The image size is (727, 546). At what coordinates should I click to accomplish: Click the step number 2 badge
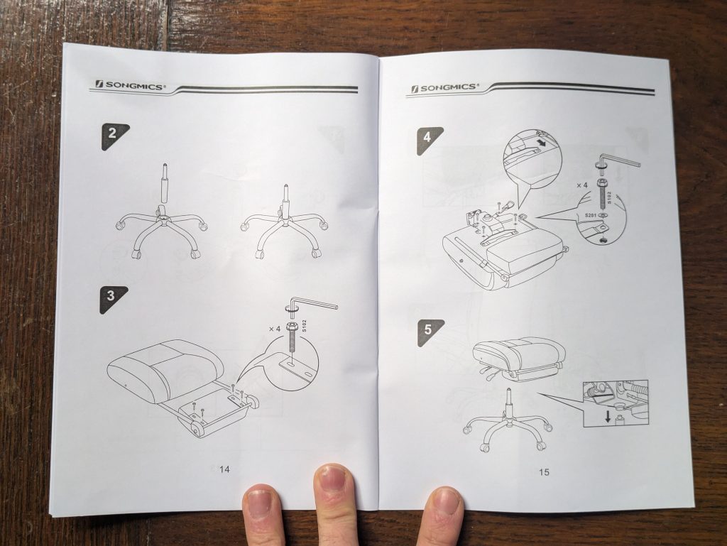pos(114,136)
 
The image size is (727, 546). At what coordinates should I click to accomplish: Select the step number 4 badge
pos(428,139)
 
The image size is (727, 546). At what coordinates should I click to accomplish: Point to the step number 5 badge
pos(430,332)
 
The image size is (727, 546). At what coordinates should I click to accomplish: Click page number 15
pos(544,472)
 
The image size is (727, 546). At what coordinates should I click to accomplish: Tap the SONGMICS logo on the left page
pos(129,85)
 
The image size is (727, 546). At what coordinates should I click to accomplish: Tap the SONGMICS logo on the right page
pos(444,87)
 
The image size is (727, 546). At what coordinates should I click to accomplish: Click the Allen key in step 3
pos(312,306)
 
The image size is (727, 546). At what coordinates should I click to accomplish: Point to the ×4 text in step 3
pos(275,329)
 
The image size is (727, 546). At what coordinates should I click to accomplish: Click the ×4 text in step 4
pos(582,185)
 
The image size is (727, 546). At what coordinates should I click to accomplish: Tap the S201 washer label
pos(590,216)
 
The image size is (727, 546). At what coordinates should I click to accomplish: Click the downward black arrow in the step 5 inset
pos(608,417)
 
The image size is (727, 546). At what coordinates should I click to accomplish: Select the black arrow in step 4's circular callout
pos(540,143)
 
